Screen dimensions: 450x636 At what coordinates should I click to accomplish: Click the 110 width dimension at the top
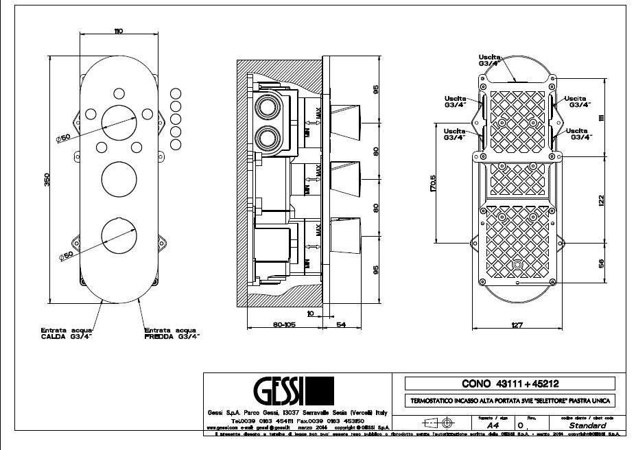pos(118,32)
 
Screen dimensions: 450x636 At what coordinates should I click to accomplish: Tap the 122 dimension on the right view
pos(601,200)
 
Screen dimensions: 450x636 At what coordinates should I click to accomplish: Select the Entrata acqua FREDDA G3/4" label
pos(172,333)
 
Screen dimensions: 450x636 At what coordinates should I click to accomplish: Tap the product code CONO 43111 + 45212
pos(510,383)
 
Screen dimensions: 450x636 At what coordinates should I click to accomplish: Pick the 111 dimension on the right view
pos(601,118)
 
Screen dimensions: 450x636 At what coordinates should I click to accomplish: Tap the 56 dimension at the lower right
pos(601,263)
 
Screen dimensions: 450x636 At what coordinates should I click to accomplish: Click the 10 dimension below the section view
pos(310,313)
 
